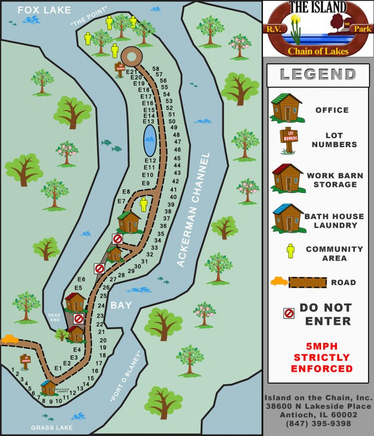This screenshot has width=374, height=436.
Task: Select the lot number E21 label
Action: coord(131,71)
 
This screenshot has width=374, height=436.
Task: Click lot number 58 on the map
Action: coord(156,69)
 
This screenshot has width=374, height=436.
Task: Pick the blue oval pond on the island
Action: coord(150,141)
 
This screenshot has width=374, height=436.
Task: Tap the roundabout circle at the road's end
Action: coord(131,56)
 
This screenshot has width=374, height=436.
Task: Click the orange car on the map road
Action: coord(9,339)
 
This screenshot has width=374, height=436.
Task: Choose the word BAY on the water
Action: coord(121,305)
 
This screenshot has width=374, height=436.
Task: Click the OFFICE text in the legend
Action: coord(331,110)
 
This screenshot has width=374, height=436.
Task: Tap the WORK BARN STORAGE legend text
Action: coord(331,180)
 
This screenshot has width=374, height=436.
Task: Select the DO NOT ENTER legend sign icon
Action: coord(289,313)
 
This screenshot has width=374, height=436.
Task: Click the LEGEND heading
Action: coord(318,75)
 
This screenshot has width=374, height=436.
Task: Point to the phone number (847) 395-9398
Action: coord(318,423)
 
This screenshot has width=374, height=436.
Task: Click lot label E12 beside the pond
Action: coord(150,160)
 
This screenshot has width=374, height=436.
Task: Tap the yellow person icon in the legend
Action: coord(291,251)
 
